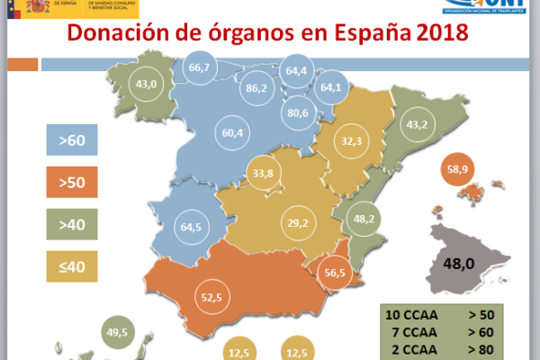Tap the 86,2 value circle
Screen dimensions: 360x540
coord(256,88)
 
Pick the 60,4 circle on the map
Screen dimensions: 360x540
coord(232,132)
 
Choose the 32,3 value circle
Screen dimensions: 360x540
coord(352,141)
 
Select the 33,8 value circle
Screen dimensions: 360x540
coord(263,174)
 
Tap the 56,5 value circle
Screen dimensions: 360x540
coord(335,274)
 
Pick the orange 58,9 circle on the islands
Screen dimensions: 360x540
coord(460,168)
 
